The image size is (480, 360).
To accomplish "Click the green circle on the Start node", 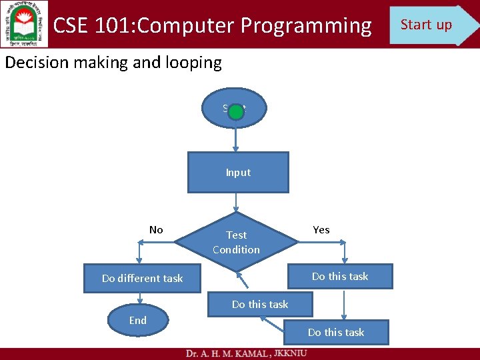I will (x=235, y=111).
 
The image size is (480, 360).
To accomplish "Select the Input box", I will (x=238, y=173).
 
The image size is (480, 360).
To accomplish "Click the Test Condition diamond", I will (x=237, y=242).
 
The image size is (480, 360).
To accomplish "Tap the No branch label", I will (x=156, y=230).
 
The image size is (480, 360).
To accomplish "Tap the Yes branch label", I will (x=321, y=230).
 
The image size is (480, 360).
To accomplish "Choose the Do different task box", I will (x=142, y=279).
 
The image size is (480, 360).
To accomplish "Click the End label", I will (x=138, y=321).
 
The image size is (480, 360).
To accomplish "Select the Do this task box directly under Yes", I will (x=340, y=276).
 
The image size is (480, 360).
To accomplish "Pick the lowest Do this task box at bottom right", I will (x=336, y=332).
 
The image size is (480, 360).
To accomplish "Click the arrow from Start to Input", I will (x=235, y=139).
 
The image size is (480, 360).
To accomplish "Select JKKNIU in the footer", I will (x=291, y=353).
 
